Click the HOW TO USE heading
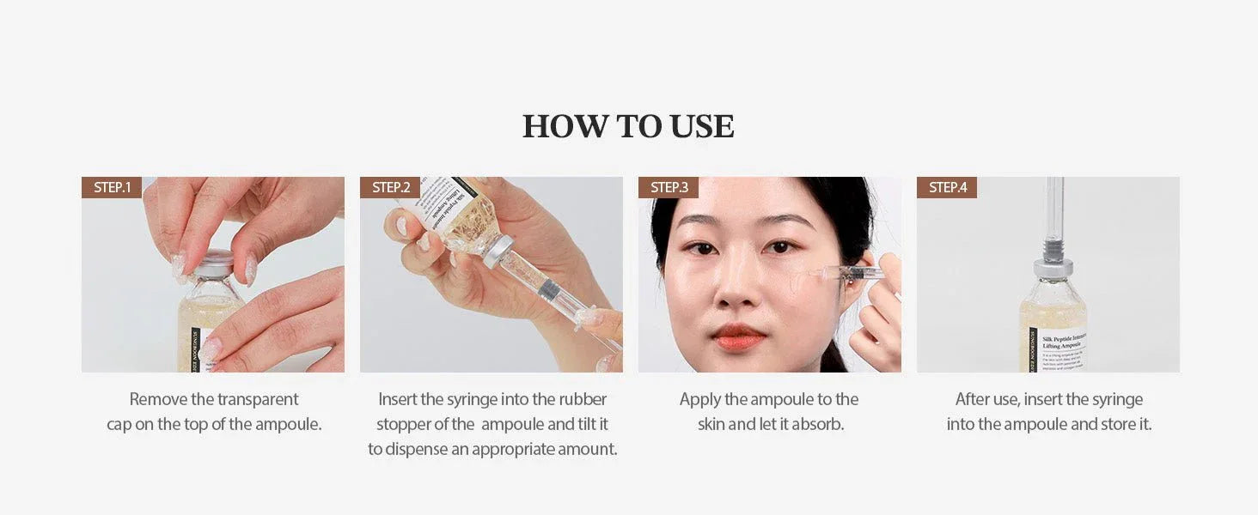tap(628, 126)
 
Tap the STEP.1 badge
tap(112, 187)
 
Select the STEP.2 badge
tap(390, 187)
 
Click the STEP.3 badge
tap(669, 187)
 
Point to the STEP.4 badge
tap(947, 187)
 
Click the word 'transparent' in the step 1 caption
tap(258, 399)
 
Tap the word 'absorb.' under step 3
tap(817, 424)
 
